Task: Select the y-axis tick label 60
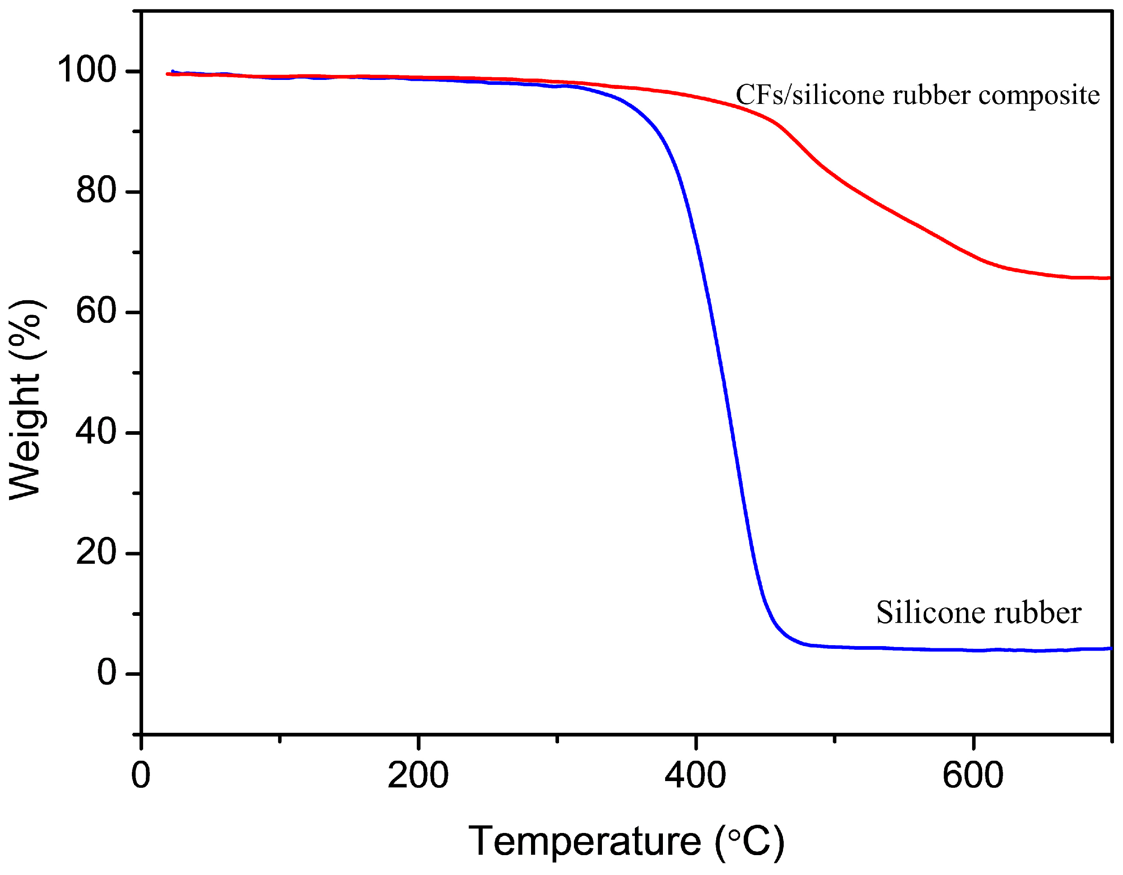[97, 311]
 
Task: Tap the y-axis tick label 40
[97, 431]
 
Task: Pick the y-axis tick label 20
[97, 552]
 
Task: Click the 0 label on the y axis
[107, 672]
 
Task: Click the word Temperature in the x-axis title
[585, 842]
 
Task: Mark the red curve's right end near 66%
[1108, 278]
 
